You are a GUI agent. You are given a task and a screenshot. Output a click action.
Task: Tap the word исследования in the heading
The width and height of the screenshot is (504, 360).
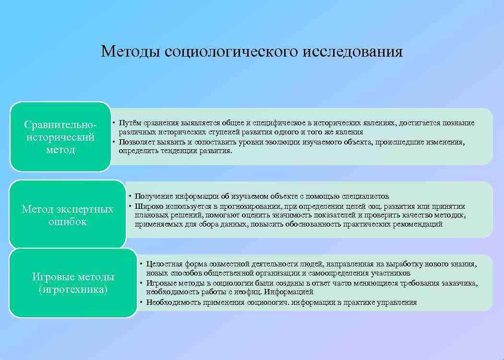pos(353,51)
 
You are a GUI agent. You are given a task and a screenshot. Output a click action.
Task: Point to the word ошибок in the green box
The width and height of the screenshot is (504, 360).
pos(68,222)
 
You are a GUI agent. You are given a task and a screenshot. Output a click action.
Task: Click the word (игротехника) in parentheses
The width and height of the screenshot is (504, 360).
pos(73,289)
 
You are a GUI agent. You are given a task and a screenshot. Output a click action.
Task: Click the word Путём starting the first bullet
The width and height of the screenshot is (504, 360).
pos(130,123)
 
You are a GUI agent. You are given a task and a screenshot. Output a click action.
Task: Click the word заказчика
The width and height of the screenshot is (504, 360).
pos(459,283)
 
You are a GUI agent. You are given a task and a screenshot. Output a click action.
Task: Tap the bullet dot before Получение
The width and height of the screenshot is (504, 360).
pos(130,196)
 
